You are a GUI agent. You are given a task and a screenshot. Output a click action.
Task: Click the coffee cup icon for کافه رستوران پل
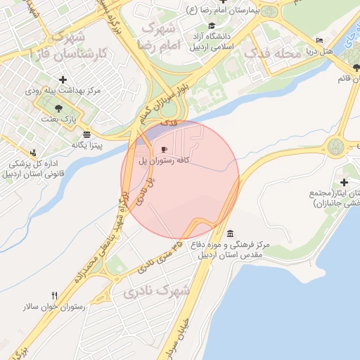164,149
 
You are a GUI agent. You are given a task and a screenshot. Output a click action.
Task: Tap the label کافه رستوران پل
163,161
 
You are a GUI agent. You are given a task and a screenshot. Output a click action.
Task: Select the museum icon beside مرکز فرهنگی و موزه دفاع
231,233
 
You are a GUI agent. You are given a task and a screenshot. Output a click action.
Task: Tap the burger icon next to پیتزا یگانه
86,134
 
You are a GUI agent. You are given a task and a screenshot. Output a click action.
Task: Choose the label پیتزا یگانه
86,146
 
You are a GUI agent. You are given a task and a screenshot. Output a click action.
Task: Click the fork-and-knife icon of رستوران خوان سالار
55,296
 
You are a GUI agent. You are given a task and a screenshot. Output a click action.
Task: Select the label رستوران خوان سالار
55,307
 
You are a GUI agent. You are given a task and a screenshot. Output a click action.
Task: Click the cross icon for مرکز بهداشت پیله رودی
63,79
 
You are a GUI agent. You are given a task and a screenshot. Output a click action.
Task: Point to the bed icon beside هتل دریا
320,41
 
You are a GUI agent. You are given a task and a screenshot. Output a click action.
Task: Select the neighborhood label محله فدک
270,53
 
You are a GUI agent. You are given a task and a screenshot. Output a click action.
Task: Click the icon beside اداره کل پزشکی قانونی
33,153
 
